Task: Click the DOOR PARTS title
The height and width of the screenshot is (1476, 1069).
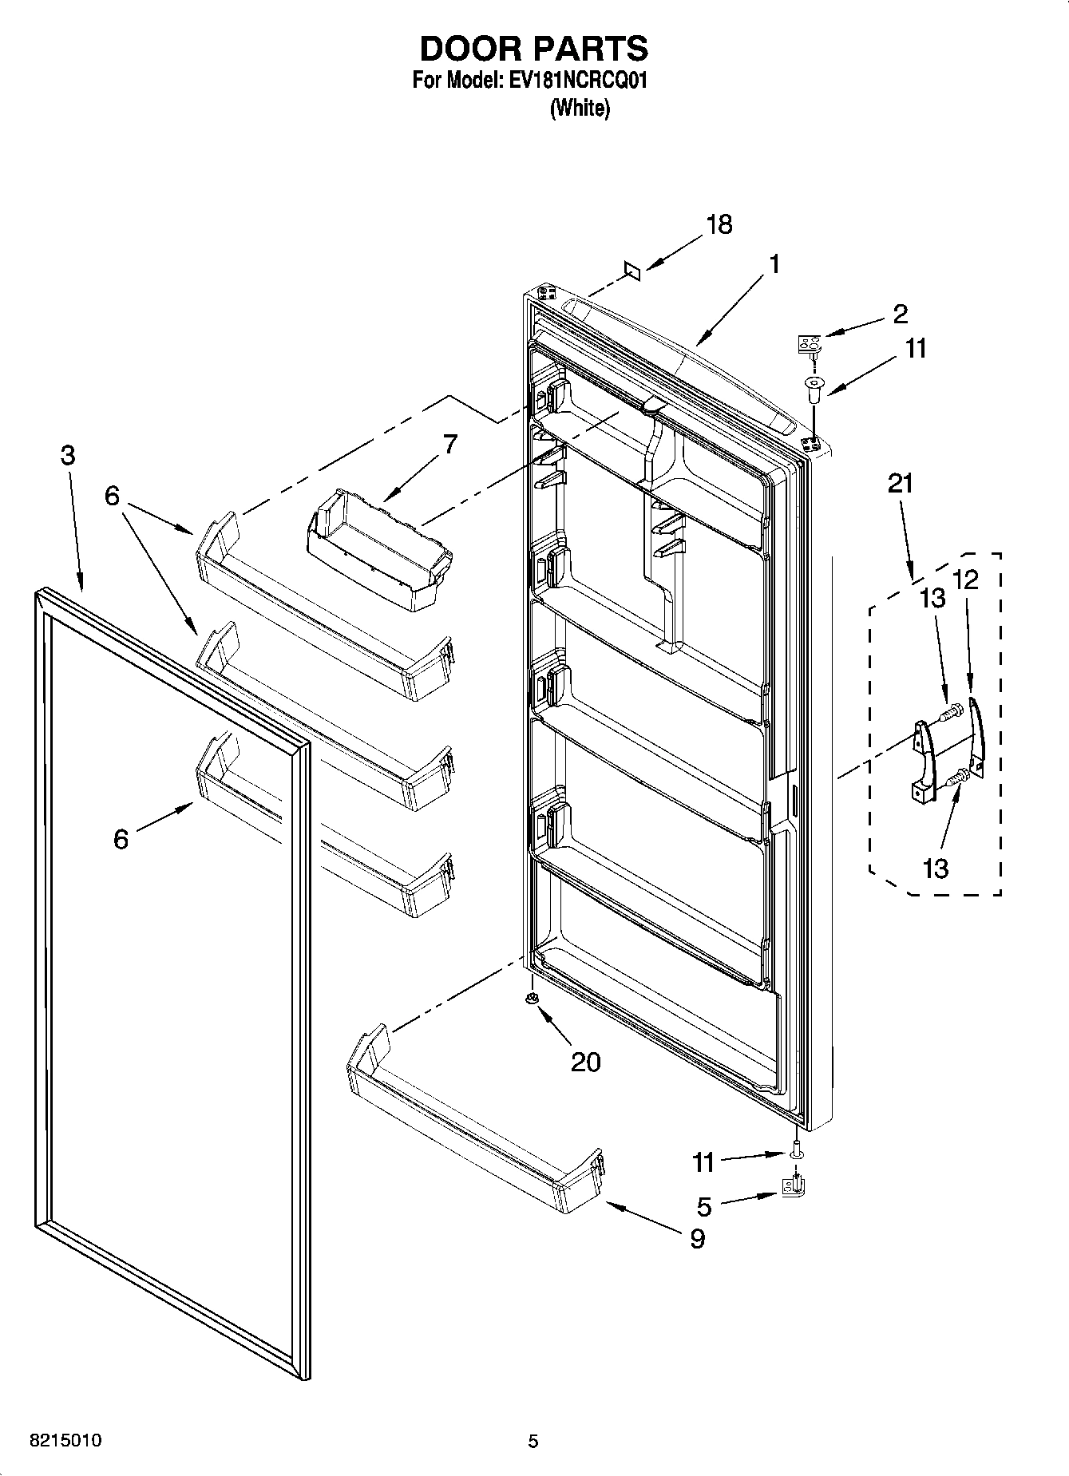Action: click(x=533, y=49)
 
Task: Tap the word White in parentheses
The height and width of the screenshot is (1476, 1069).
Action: click(x=580, y=109)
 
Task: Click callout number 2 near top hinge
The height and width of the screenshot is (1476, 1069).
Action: click(x=900, y=313)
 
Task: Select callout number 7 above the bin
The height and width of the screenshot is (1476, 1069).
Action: click(x=450, y=445)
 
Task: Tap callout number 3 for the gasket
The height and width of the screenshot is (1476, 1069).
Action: click(x=68, y=456)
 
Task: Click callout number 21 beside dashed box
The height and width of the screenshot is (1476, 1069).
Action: click(x=901, y=484)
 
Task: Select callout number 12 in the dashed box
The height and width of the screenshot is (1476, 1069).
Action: click(x=966, y=580)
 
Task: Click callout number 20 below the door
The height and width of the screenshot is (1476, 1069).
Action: click(x=585, y=1062)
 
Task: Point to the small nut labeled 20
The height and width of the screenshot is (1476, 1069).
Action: click(x=533, y=999)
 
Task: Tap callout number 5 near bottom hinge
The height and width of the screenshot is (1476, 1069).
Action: click(x=704, y=1206)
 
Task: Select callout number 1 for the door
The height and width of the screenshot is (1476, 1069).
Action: click(x=774, y=264)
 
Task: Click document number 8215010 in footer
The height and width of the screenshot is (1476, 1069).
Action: click(x=65, y=1441)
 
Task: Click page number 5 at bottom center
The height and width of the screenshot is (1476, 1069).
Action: click(x=533, y=1441)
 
